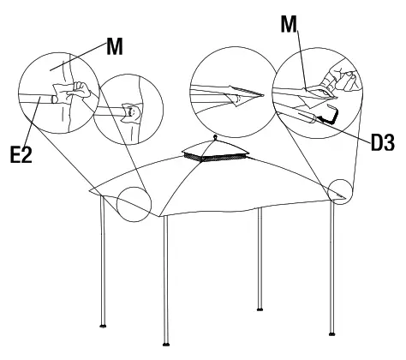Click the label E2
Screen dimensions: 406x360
21,154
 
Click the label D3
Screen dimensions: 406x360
383,142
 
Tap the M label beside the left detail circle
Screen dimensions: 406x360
115,46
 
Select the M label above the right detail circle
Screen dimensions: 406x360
289,24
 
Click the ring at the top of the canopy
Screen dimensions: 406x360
215,137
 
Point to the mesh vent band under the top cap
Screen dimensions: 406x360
216,157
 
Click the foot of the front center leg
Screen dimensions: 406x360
166,344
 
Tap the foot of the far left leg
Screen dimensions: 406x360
104,326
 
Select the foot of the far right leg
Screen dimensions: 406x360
331,333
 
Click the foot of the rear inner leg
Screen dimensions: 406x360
260,309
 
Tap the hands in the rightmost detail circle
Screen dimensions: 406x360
340,79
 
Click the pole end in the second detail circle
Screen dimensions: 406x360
131,111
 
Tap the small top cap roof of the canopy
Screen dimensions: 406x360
216,147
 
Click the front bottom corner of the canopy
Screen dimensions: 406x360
160,217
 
